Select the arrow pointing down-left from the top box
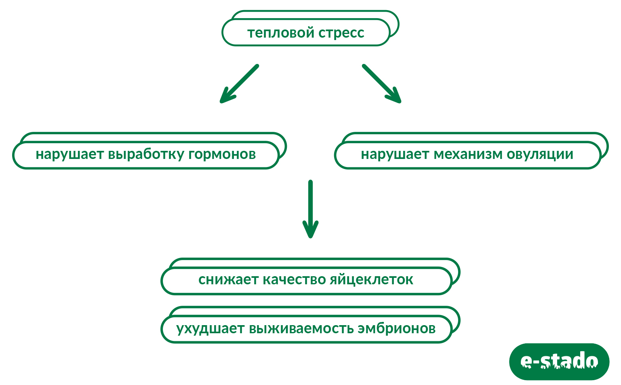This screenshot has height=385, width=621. click(x=239, y=83)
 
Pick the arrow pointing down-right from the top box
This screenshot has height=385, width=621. click(x=381, y=83)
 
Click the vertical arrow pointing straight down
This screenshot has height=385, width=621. click(x=310, y=208)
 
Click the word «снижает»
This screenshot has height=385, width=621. click(x=229, y=280)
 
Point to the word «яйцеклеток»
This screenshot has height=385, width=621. click(x=371, y=280)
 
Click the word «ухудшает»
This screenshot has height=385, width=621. click(x=210, y=328)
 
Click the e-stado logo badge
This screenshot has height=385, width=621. click(x=559, y=362)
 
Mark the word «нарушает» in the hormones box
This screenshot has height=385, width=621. click(x=69, y=154)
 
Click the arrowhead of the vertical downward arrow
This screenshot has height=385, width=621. click(x=310, y=230)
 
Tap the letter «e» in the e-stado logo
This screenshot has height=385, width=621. click(x=526, y=361)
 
